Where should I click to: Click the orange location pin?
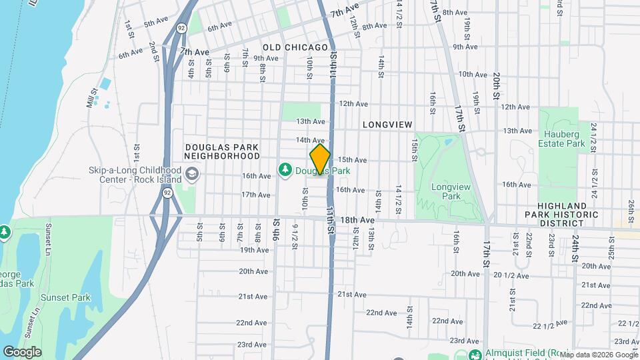tap(320, 159)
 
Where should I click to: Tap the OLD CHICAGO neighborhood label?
tap(295, 47)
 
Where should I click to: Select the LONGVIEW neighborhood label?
tap(388, 125)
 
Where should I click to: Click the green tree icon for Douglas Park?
tap(285, 171)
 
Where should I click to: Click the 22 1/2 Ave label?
tap(550, 324)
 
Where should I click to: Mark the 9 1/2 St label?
tap(294, 235)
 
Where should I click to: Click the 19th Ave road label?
tap(254, 250)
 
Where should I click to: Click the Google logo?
tap(22, 351)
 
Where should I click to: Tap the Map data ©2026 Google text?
tap(598, 354)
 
